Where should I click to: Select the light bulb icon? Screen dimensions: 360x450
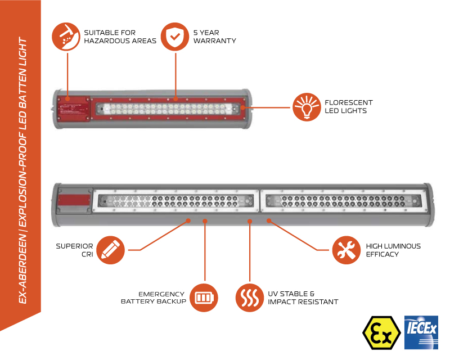(x=306, y=107)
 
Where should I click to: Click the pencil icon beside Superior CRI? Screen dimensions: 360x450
(x=111, y=250)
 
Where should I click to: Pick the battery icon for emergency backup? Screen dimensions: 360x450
(x=204, y=296)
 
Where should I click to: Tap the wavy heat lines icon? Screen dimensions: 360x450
(x=249, y=296)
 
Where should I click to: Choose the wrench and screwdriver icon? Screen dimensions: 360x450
(x=345, y=250)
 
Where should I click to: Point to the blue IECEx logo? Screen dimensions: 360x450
(x=420, y=331)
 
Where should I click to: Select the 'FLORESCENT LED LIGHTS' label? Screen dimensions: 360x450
(x=348, y=106)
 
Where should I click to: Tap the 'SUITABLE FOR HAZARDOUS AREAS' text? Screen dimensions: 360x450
(x=119, y=37)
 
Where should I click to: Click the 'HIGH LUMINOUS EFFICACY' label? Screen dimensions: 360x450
(x=393, y=250)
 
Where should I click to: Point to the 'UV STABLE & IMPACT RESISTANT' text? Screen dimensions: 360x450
(x=303, y=298)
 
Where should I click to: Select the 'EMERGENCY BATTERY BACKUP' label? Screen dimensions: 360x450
(x=153, y=298)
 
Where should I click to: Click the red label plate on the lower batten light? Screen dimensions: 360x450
(x=75, y=201)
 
